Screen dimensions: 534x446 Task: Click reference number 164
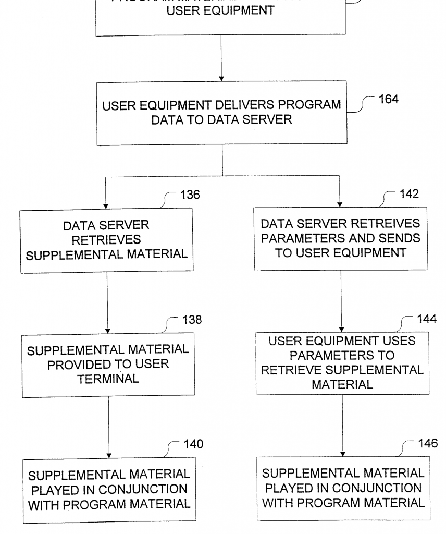point(389,99)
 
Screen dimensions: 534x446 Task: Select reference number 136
point(190,195)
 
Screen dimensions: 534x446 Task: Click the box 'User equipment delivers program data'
point(221,113)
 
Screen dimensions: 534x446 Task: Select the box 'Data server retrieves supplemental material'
point(106,240)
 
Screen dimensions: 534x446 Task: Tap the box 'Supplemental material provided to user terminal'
point(108,364)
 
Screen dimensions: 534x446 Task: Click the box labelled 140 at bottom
point(109,490)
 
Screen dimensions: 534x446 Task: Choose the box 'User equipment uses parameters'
point(342,363)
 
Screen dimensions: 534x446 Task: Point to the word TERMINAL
point(108,379)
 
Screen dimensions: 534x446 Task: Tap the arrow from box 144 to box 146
point(342,425)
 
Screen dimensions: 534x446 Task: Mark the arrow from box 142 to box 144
point(341,300)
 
